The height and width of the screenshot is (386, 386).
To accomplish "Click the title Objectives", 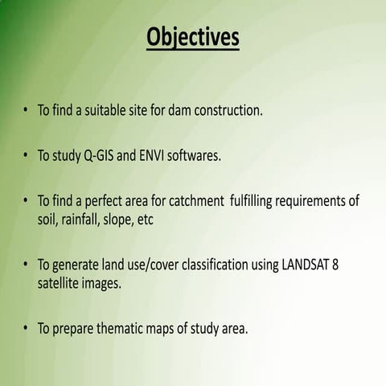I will click(192, 38).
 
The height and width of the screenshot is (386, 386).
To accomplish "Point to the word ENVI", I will click(160, 154).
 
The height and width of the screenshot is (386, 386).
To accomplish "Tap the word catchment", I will click(191, 199).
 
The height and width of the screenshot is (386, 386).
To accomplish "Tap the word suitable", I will click(108, 110).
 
